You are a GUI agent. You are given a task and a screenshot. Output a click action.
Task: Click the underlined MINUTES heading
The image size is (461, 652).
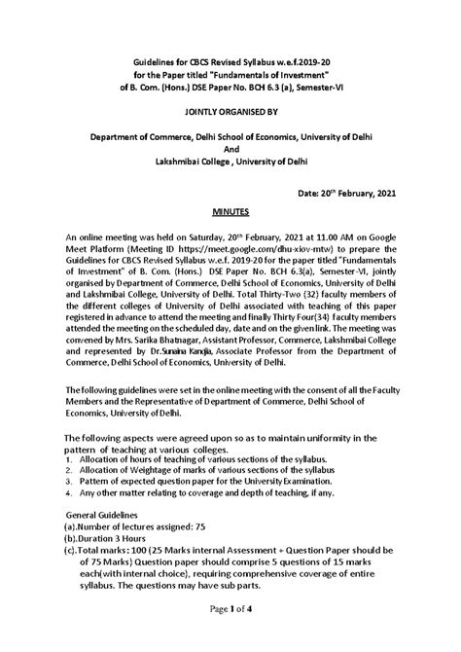click(230, 210)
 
